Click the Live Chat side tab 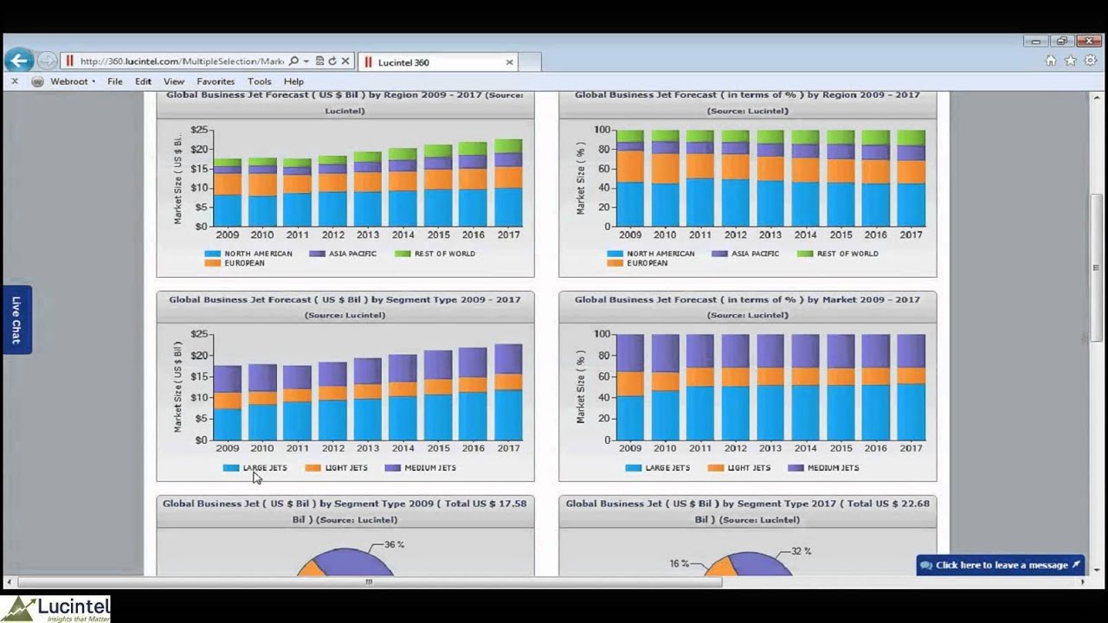point(16,319)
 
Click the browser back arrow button point(19,61)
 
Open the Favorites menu point(216,81)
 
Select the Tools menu point(259,81)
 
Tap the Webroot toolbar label point(68,81)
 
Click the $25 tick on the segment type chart point(200,334)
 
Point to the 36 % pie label point(394,545)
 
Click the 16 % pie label point(679,564)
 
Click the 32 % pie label point(802,551)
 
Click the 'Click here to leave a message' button point(1001,565)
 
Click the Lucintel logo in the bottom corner point(55,608)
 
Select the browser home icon point(1050,61)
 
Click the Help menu point(293,81)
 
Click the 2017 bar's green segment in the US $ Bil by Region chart point(508,145)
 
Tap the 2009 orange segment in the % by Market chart point(630,383)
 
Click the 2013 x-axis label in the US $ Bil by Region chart point(368,235)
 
